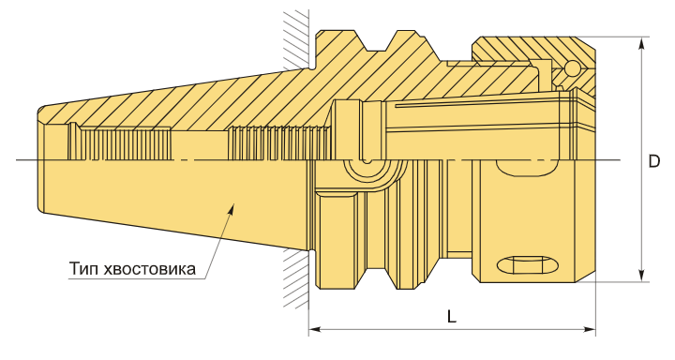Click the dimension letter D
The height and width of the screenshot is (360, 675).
[654, 161]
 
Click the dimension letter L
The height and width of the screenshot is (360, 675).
[451, 318]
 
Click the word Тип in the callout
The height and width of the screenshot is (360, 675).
[83, 269]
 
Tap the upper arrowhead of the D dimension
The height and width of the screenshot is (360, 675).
[641, 43]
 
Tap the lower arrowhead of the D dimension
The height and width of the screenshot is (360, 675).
[641, 276]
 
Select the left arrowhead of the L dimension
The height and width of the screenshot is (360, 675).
[315, 330]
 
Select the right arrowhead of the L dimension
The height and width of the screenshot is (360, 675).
[590, 330]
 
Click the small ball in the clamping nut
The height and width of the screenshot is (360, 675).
[572, 68]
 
